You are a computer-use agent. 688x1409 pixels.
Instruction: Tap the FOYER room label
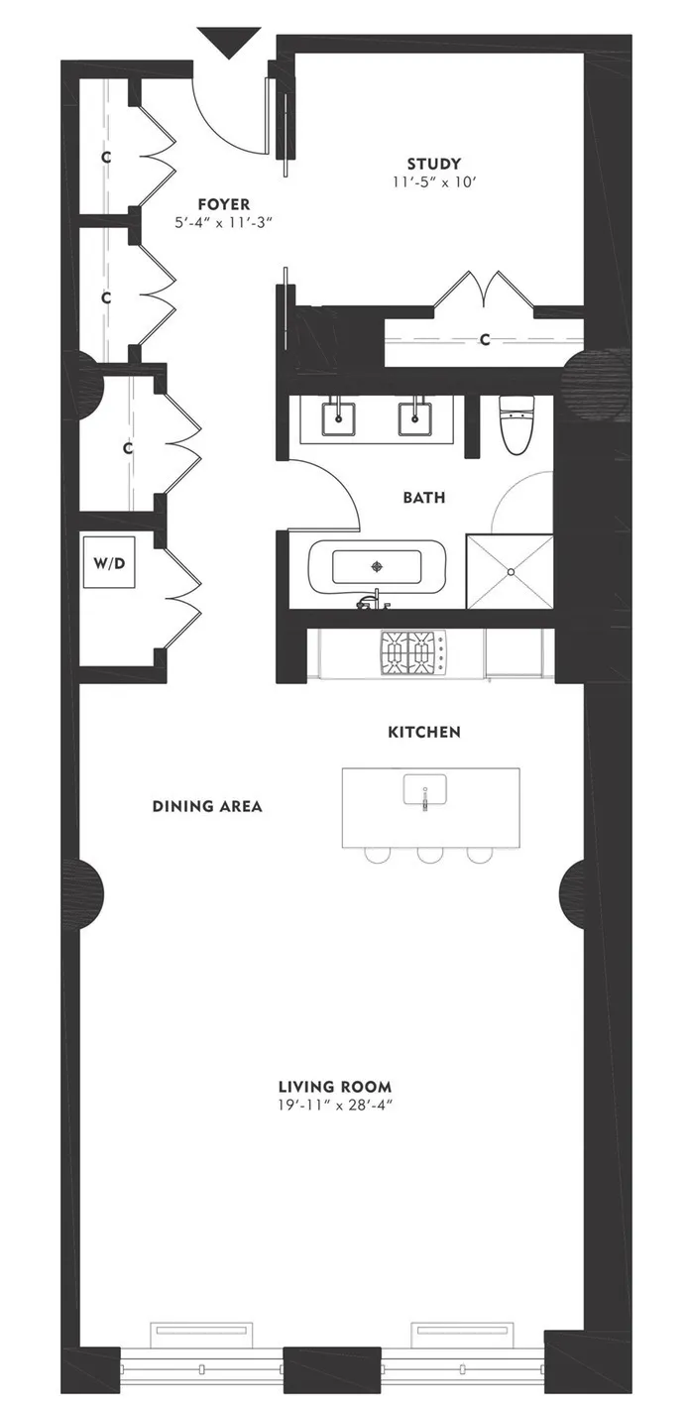pyautogui.click(x=223, y=204)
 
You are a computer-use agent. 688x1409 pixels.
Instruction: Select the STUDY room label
pyautogui.click(x=434, y=164)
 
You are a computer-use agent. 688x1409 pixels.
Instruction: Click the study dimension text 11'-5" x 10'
pyautogui.click(x=434, y=182)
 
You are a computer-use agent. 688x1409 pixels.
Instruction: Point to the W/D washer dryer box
pyautogui.click(x=108, y=564)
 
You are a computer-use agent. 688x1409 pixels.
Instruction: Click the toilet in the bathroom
pyautogui.click(x=516, y=423)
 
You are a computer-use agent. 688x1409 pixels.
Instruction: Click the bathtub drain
pyautogui.click(x=376, y=567)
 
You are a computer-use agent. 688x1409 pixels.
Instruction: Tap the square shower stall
pyautogui.click(x=510, y=572)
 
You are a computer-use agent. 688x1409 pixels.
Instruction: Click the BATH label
pyautogui.click(x=423, y=498)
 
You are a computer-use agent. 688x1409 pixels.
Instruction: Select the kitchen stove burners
pyautogui.click(x=411, y=652)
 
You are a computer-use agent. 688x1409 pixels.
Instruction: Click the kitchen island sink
pyautogui.click(x=425, y=790)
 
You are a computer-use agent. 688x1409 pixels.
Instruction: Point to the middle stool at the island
pyautogui.click(x=429, y=853)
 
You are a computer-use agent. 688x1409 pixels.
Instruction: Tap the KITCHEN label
pyautogui.click(x=423, y=732)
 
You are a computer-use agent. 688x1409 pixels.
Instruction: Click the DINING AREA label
pyautogui.click(x=207, y=806)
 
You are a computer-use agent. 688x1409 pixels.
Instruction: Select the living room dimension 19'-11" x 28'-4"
pyautogui.click(x=335, y=1105)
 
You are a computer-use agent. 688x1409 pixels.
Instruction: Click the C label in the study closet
pyautogui.click(x=485, y=340)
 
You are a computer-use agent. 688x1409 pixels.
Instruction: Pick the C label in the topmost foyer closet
pyautogui.click(x=105, y=157)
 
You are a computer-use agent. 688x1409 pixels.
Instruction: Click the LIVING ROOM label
pyautogui.click(x=335, y=1086)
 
